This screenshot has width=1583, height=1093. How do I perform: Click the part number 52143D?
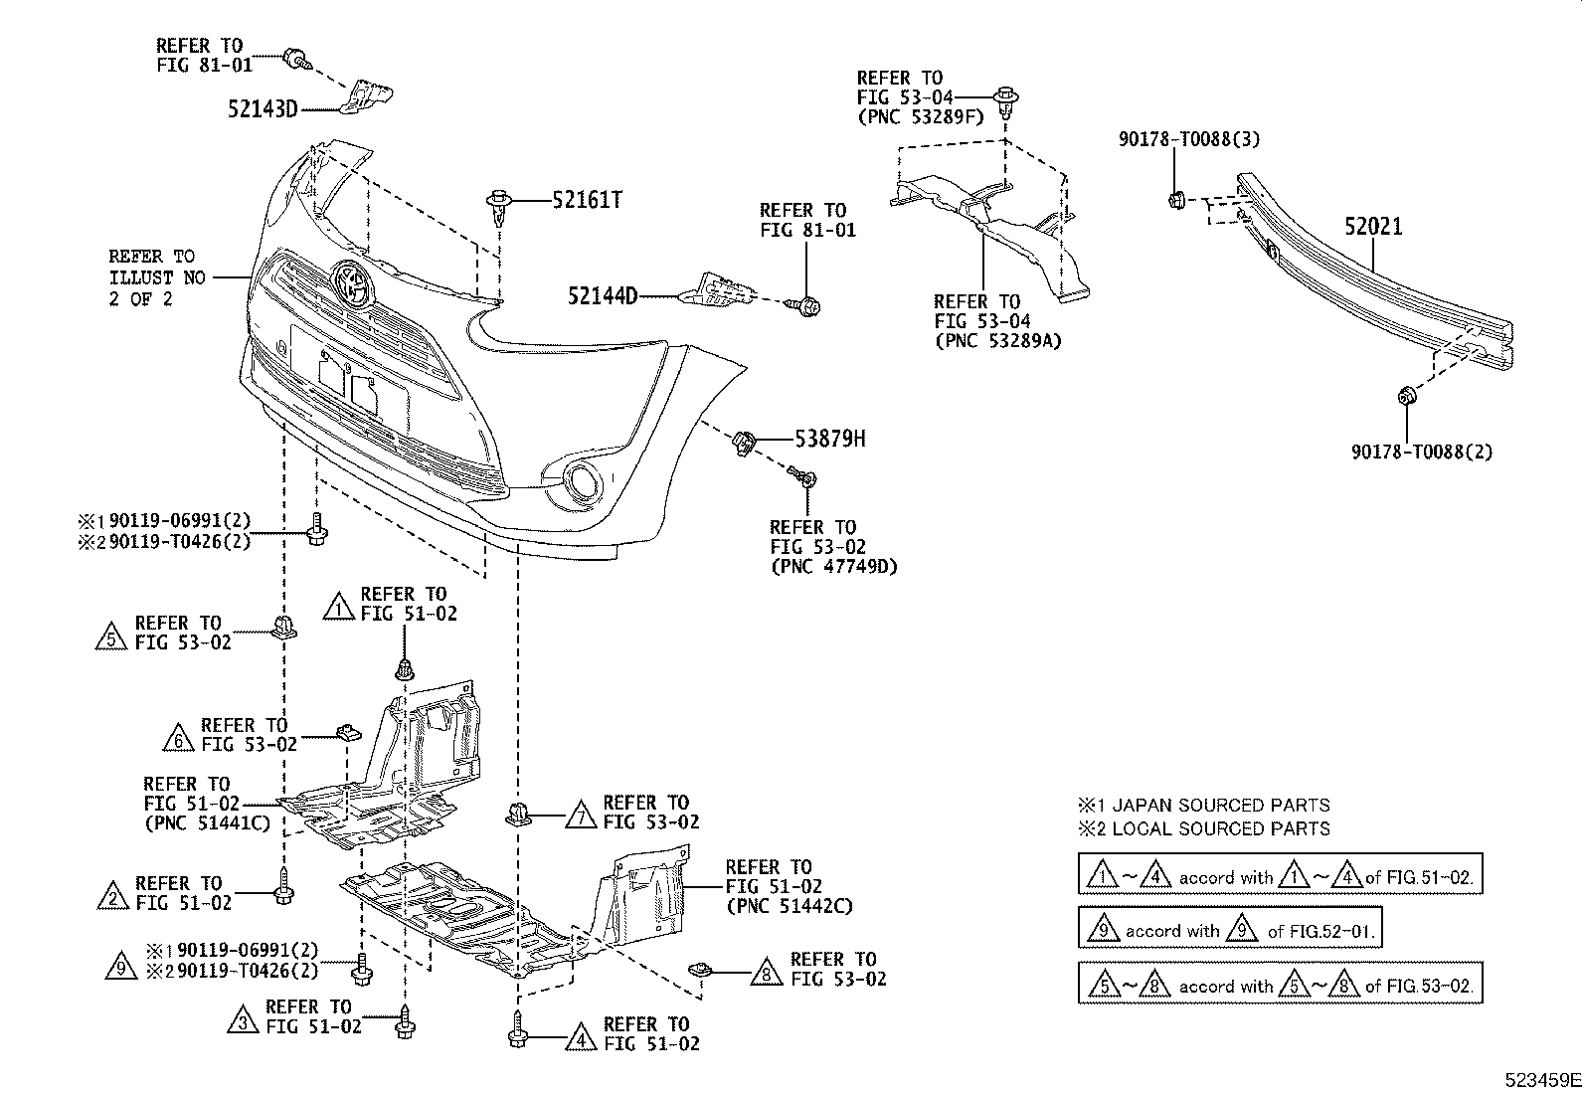(263, 109)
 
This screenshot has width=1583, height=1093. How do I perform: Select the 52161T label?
(587, 200)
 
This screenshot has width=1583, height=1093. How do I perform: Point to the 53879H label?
(829, 438)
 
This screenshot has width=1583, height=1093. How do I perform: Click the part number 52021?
(1373, 227)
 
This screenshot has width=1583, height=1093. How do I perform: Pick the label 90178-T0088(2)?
(1421, 452)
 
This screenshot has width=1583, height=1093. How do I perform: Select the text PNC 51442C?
(790, 906)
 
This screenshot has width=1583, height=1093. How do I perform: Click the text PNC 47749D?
(833, 568)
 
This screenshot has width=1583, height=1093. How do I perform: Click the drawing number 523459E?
(1541, 1080)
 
